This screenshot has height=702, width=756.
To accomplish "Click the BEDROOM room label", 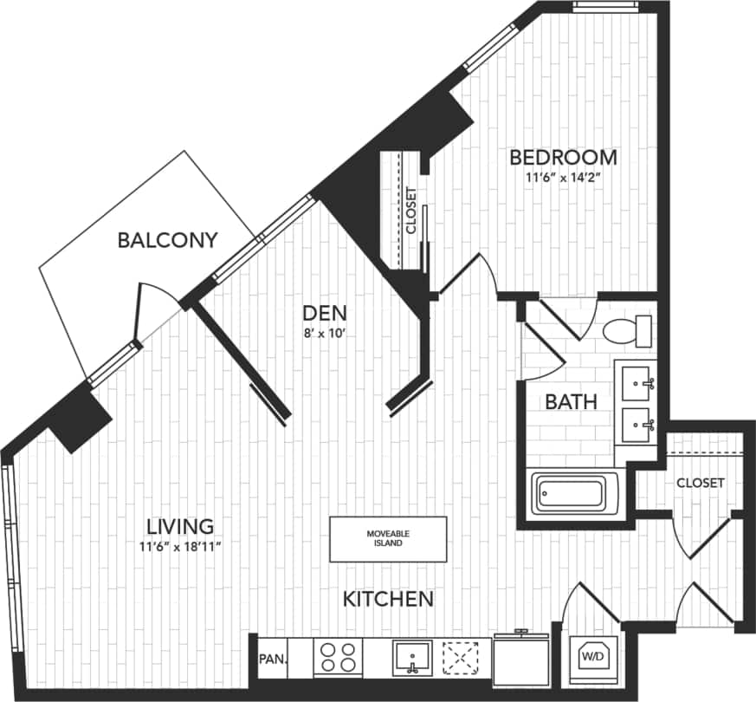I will pos(563,157).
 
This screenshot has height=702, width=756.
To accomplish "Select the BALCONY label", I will pos(167,240).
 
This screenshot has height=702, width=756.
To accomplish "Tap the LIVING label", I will pos(179,526).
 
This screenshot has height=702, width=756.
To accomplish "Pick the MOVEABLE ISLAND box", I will pos(388,539).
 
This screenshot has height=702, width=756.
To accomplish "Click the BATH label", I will pos(570,402).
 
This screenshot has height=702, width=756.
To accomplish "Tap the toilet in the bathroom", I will pos(627,330).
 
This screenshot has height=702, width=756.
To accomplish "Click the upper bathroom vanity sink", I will pos(641,380).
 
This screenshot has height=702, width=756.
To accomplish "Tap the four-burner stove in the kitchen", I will pos(338,658).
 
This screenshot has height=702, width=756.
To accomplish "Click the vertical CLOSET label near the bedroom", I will pos(410,212).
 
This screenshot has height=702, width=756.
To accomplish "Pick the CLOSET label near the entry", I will pos(700,483).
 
